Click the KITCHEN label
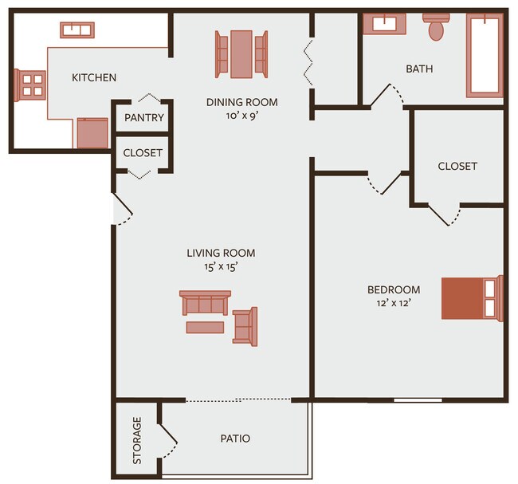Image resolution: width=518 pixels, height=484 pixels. pos(94,77)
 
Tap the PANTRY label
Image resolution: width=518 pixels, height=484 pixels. pos(144,118)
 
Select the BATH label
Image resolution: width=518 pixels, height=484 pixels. pos(419,69)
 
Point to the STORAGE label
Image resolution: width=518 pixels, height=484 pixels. pos(136,440)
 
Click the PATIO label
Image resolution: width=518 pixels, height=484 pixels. pos(235,439)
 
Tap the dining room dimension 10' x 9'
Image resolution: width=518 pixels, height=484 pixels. pos(241,116)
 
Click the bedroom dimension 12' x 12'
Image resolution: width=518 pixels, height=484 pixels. pos(393,303)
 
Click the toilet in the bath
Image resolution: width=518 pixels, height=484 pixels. pos(436,27)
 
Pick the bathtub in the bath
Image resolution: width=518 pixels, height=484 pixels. pos(484,54)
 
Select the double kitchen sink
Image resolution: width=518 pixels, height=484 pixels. pos(78,30)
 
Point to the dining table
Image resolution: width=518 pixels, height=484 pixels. pos(241,53)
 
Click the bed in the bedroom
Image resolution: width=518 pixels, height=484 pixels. pos(473,298)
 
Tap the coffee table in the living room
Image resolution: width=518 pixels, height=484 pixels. pos(206,327)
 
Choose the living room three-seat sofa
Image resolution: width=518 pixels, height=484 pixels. pos(205,304)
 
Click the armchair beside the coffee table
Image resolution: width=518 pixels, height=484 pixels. pos(245,326)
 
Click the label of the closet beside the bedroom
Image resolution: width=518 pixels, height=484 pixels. pos(457,166)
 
